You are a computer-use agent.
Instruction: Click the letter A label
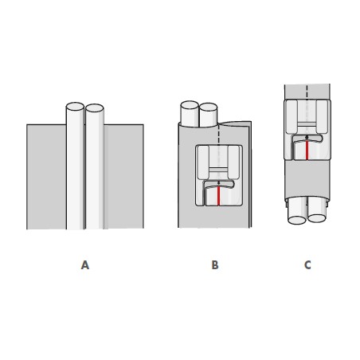(x=85, y=265)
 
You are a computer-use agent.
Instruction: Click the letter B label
(x=215, y=265)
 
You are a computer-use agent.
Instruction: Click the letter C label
(x=307, y=265)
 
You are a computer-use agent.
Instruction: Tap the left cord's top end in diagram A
(x=75, y=107)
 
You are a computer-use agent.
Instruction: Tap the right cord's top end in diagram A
(x=95, y=108)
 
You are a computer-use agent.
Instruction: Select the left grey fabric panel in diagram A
(x=46, y=177)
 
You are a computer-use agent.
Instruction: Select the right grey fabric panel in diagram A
(x=123, y=177)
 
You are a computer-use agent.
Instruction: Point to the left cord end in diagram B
(x=190, y=105)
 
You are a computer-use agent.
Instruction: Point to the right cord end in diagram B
(x=209, y=107)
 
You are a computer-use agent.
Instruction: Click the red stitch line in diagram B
(x=218, y=196)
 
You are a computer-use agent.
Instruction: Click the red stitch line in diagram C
(x=307, y=151)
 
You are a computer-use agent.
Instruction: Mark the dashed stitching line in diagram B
(x=218, y=135)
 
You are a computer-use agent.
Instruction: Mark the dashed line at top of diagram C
(x=307, y=92)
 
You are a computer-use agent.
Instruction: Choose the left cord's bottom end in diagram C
(x=297, y=220)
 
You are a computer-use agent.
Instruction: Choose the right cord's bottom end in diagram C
(x=317, y=218)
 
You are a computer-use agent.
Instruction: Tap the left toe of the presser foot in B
(x=203, y=162)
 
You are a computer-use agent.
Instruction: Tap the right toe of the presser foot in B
(x=233, y=162)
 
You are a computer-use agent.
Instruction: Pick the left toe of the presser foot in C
(x=292, y=117)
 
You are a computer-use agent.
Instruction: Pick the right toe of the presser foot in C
(x=322, y=117)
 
